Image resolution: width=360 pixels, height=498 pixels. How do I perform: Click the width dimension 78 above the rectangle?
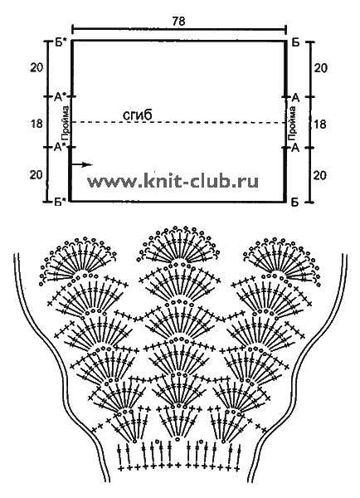tap(178, 21)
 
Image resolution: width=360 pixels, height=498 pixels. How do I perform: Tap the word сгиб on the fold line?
tap(138, 115)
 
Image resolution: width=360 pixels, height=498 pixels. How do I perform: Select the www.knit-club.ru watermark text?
tap(173, 181)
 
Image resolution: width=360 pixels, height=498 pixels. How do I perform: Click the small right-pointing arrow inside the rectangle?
tap(82, 164)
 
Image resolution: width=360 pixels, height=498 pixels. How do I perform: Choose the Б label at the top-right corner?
tap(295, 42)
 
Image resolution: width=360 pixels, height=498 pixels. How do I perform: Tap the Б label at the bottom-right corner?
tap(295, 202)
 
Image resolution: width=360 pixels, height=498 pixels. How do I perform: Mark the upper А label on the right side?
tap(295, 98)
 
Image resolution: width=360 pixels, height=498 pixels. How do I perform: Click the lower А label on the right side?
tap(295, 148)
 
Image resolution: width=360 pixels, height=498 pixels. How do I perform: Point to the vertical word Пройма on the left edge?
tap(66, 123)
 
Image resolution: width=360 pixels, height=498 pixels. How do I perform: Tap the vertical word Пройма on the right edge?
tap(292, 123)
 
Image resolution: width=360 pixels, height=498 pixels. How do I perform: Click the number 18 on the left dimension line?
tap(36, 124)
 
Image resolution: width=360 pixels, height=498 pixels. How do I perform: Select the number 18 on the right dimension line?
tap(319, 124)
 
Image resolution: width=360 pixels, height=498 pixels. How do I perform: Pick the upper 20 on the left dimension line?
tap(36, 68)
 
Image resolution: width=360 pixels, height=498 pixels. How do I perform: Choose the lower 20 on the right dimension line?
tap(320, 175)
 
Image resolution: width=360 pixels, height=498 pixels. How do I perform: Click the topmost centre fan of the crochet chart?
tap(179, 245)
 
